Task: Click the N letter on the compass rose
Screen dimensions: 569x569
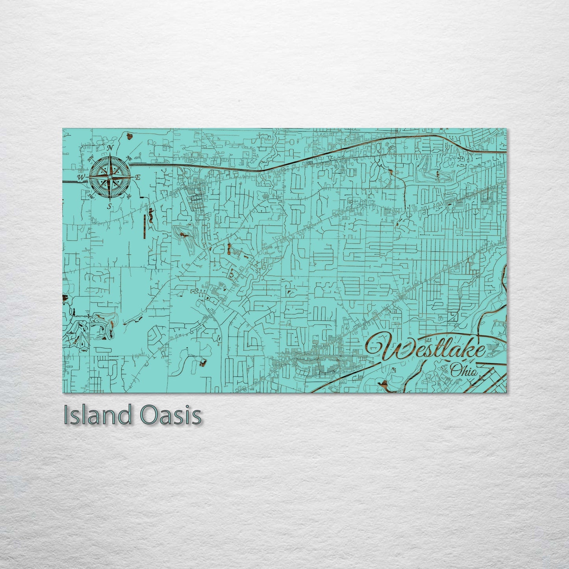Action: coord(111,148)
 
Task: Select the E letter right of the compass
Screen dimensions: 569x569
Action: coord(138,178)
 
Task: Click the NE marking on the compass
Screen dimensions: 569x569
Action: coord(129,158)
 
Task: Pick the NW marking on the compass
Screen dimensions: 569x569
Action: coord(91,158)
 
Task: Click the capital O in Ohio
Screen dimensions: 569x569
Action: coord(456,370)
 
